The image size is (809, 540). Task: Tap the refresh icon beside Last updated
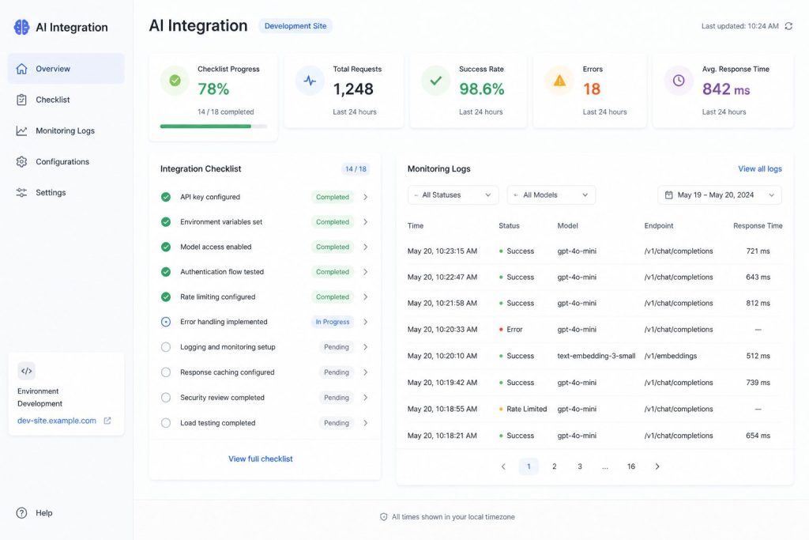(x=788, y=26)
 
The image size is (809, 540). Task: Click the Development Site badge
(x=295, y=26)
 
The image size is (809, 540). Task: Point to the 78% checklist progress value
(x=213, y=89)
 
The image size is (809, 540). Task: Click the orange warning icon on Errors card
(x=559, y=81)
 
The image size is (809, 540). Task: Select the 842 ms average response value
(x=726, y=89)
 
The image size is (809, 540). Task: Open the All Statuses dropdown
(x=453, y=195)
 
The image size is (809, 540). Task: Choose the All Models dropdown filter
(x=551, y=195)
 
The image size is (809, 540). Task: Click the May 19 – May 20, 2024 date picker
(x=719, y=195)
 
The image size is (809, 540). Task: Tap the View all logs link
(x=759, y=169)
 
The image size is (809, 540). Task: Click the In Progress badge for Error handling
(x=333, y=322)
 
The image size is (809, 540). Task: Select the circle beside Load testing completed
(x=166, y=423)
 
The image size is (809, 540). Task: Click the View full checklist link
(x=261, y=459)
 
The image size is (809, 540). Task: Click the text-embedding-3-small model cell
(x=596, y=356)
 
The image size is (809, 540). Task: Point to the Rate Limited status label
(x=526, y=409)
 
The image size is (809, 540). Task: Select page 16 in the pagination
(x=631, y=466)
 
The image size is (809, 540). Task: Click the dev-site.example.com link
(x=57, y=421)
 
